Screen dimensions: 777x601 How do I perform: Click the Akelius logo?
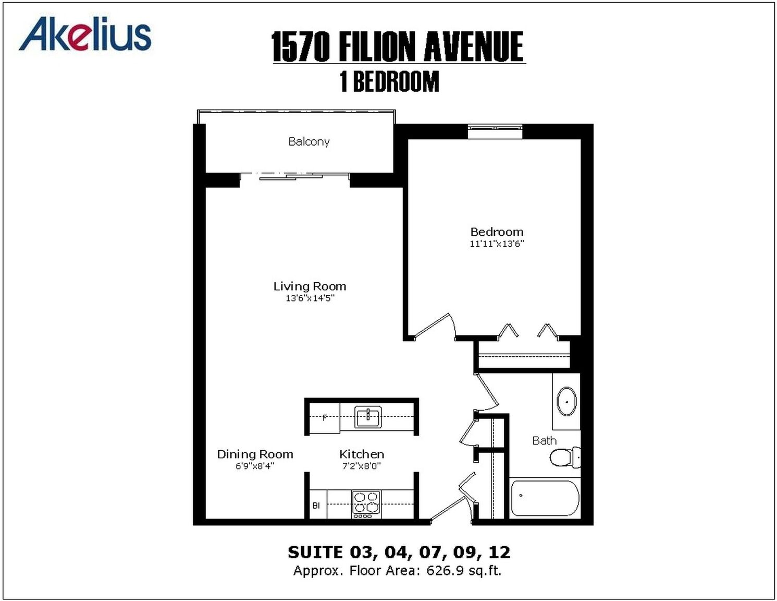(85, 36)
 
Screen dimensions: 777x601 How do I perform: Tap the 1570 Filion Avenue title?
(397, 46)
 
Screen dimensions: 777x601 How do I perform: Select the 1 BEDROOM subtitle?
(389, 81)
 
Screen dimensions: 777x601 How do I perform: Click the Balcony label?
(309, 142)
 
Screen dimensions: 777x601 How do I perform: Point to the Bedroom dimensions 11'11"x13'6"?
(497, 244)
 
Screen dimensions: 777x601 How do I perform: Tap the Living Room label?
(310, 286)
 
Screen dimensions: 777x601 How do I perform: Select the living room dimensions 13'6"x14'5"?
(310, 298)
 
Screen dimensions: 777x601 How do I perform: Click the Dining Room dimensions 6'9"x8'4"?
(255, 466)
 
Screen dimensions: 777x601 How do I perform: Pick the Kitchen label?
(362, 454)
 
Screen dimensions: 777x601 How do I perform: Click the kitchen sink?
(368, 417)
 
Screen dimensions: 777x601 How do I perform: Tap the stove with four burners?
(366, 504)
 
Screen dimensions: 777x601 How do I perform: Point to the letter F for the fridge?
(325, 418)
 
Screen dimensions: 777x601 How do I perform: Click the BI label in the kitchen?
(316, 506)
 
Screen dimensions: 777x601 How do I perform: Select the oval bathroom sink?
(567, 401)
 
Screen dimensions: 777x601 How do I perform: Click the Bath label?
(544, 440)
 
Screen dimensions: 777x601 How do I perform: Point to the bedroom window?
(495, 130)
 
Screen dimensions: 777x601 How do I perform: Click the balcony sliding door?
(294, 176)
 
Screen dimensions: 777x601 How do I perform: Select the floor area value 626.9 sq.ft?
(464, 571)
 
